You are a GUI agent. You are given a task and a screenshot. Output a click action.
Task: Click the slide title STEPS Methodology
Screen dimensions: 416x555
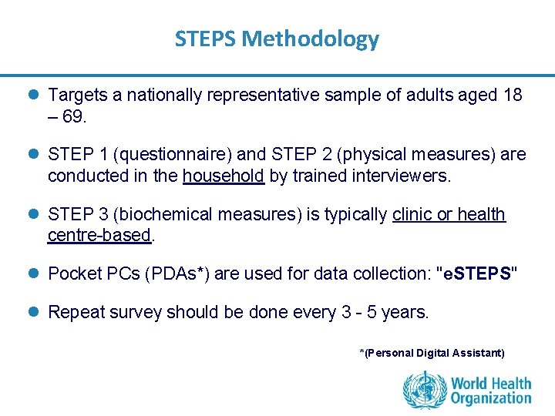(x=277, y=39)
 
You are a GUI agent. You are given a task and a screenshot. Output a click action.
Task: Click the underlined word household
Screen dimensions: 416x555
(x=224, y=176)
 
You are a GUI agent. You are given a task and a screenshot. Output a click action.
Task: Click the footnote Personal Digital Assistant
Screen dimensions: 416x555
(x=432, y=353)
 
